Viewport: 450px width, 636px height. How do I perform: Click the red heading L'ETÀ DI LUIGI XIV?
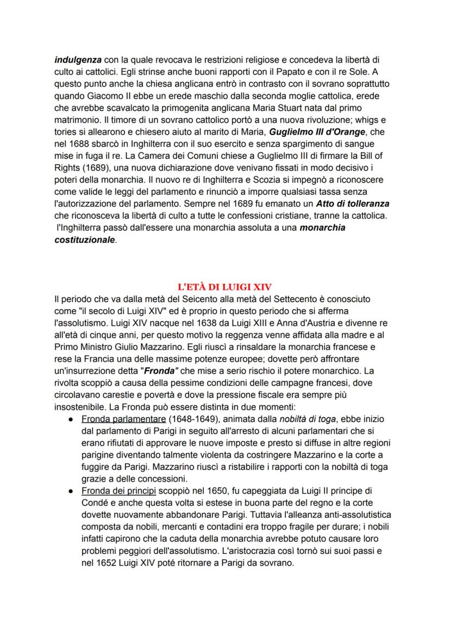point(225,287)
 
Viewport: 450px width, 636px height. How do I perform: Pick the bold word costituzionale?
point(85,239)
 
